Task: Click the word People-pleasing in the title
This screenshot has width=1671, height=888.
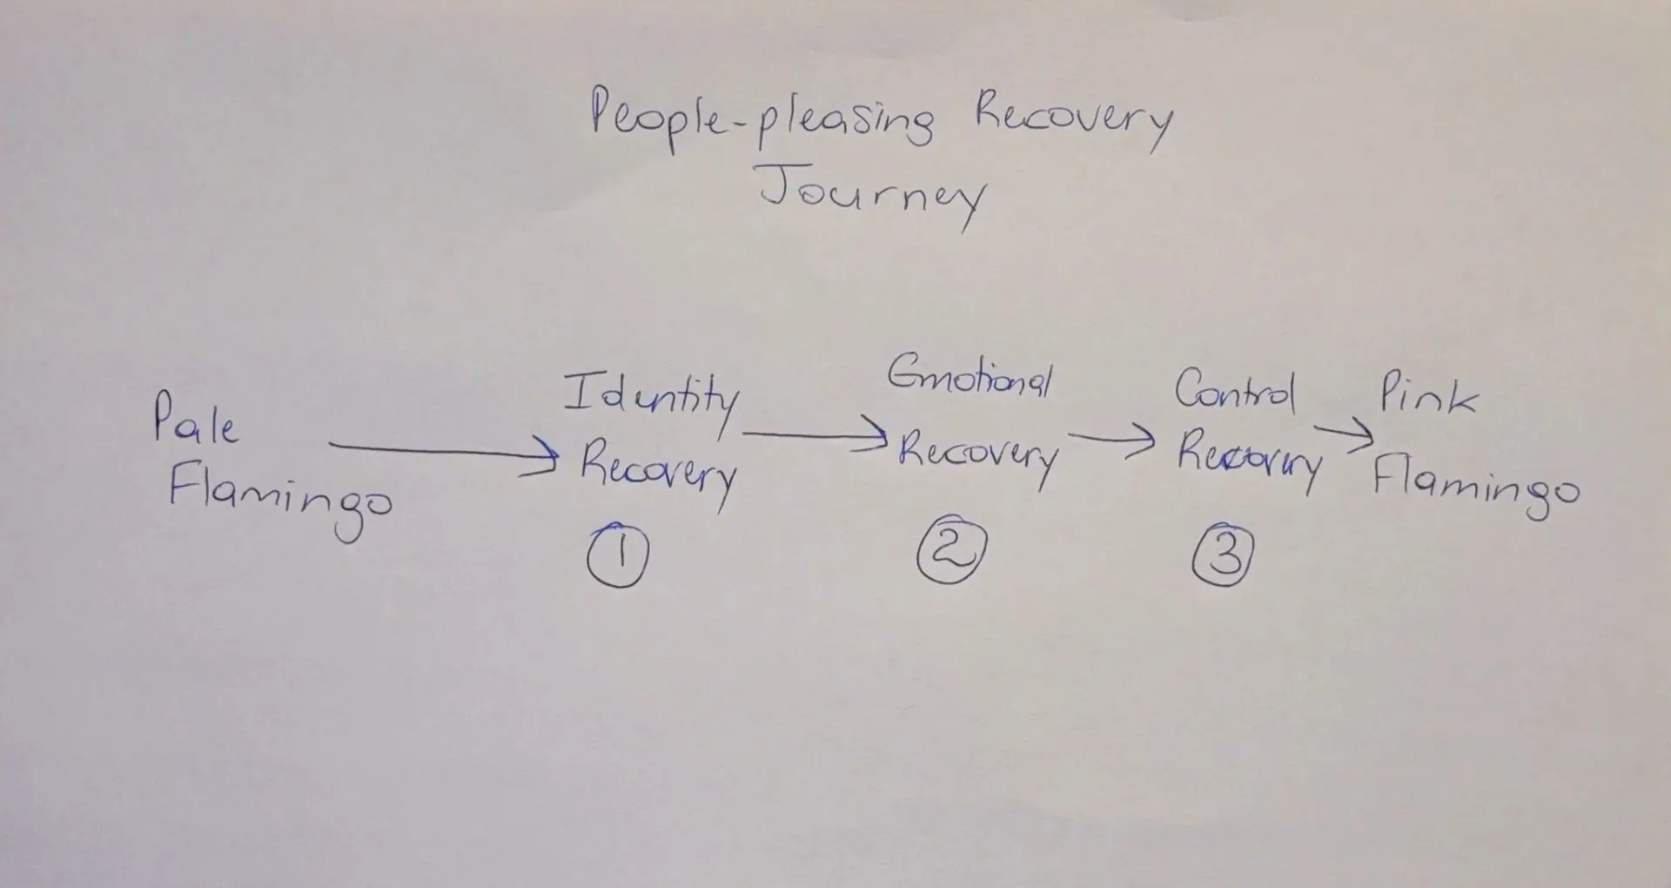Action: (x=762, y=121)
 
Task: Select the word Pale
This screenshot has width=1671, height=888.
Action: (x=195, y=420)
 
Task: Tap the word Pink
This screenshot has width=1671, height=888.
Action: (x=1428, y=397)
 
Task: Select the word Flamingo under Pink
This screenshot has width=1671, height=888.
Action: (x=1475, y=488)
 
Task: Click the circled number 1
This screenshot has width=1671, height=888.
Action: (x=618, y=556)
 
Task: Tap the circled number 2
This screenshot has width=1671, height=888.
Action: (x=950, y=552)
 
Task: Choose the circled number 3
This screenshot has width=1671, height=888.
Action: (x=1223, y=555)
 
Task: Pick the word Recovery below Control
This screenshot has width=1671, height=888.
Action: (x=1249, y=460)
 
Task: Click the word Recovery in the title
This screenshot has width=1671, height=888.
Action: (x=1072, y=122)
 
